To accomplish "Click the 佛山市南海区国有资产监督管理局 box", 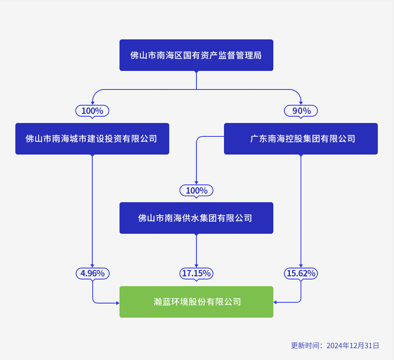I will coord(196,55).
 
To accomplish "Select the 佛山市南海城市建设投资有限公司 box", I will coord(92,138).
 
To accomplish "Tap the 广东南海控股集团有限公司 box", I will coord(301,138).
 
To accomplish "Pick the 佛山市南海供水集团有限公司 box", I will coord(196,218).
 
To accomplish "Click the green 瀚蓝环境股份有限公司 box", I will coord(196,302).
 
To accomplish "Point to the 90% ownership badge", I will coord(301,111).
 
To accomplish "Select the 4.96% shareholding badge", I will coord(92,273).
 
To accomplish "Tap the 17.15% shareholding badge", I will coord(196,273).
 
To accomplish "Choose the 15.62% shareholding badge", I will coord(301,273).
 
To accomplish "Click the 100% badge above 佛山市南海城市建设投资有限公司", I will coord(92,111).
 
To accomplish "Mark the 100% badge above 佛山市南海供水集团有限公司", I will coord(196,190).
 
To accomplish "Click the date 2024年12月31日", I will coord(353,346).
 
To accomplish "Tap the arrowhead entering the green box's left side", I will coord(118,303).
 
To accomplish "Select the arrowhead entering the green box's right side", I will coord(275,302).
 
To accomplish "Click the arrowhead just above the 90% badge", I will coord(301,103).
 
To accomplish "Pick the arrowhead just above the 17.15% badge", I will coord(196,266).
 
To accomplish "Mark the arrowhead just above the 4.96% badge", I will coord(92,266).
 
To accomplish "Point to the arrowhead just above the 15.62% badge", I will coord(301,266).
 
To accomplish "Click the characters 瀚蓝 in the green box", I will coord(162,302).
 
